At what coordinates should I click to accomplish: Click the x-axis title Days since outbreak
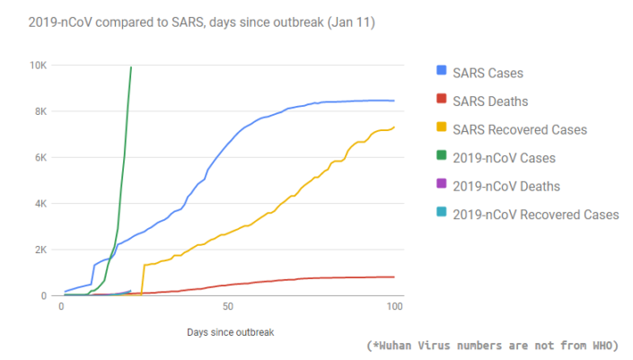pyautogui.click(x=230, y=332)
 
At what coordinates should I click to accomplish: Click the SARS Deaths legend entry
pyautogui.click(x=491, y=101)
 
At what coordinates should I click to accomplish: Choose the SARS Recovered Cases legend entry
pyautogui.click(x=520, y=130)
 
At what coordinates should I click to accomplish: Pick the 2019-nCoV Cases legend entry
pyautogui.click(x=504, y=158)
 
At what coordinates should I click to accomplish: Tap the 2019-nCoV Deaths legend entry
pyautogui.click(x=506, y=187)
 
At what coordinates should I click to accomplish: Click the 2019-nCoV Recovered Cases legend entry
pyautogui.click(x=535, y=215)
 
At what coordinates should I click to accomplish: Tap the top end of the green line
pyautogui.click(x=131, y=67)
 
